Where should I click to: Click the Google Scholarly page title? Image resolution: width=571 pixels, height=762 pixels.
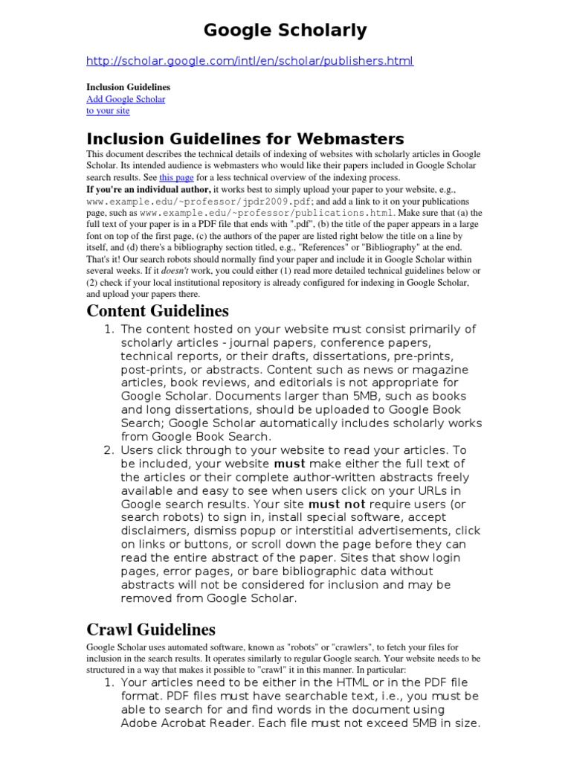[x=285, y=31]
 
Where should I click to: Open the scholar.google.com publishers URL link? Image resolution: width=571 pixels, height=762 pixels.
[x=250, y=61]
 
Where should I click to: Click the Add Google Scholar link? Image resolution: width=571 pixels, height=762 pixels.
[x=126, y=99]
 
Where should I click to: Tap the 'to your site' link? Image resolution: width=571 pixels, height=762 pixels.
[x=108, y=111]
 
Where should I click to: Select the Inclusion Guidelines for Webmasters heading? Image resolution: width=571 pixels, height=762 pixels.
[x=245, y=138]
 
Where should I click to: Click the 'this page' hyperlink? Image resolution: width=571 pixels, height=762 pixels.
[x=176, y=178]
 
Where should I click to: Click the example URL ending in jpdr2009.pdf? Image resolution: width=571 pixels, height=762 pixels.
[x=186, y=202]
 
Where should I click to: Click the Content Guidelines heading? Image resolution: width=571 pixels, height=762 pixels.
[x=158, y=310]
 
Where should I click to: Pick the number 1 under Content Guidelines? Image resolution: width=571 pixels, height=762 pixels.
[x=108, y=330]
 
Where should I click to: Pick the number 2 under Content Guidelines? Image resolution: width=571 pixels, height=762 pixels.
[x=108, y=450]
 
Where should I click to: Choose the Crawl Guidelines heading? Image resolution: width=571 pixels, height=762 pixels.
[x=151, y=630]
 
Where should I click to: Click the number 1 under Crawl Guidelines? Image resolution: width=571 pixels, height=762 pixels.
[x=108, y=682]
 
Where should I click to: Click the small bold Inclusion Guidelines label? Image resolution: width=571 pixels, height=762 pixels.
[x=129, y=87]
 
